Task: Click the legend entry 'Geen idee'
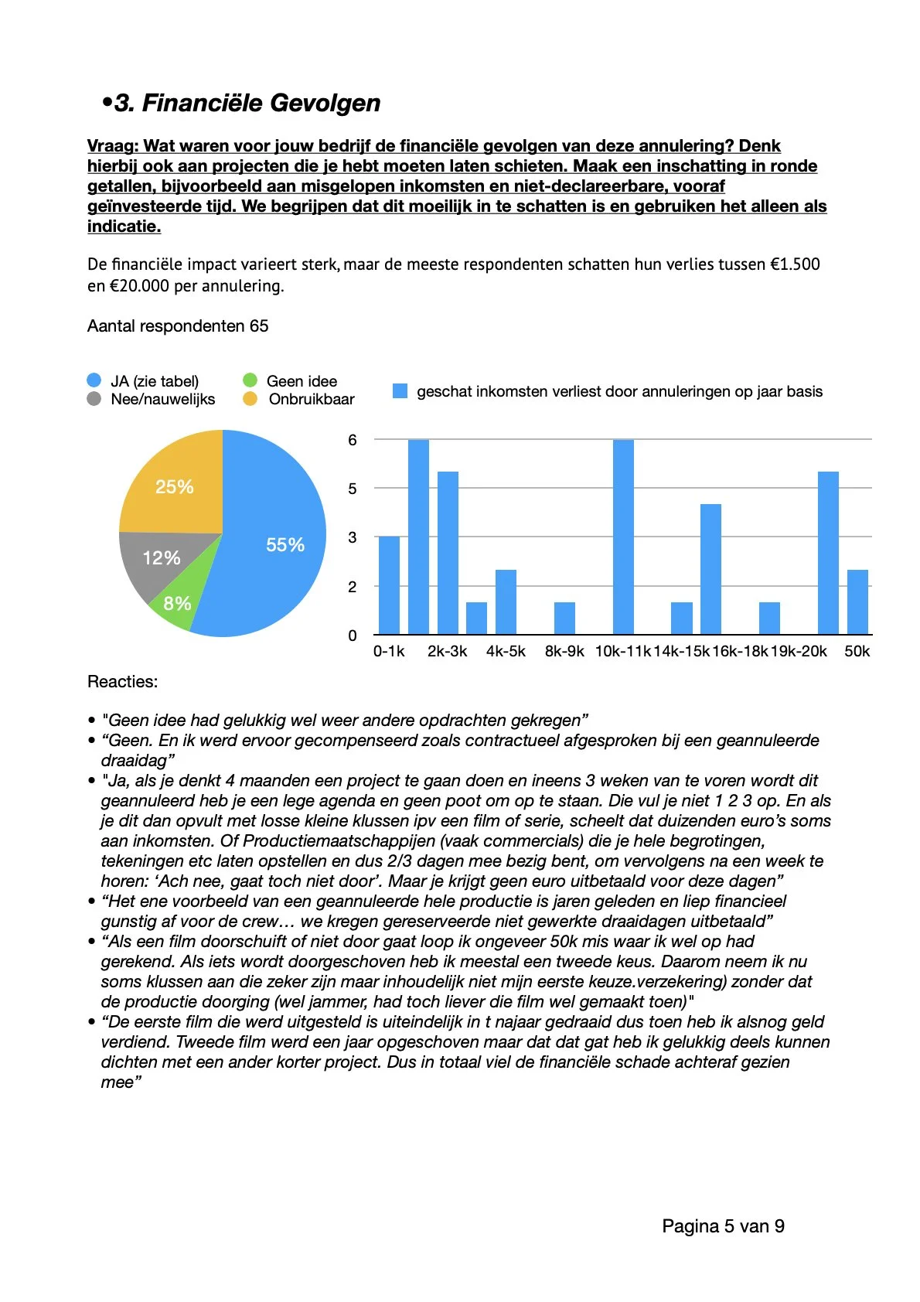pos(301,381)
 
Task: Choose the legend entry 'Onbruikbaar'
pos(311,399)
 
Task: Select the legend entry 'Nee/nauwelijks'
pos(162,399)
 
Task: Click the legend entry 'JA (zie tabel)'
pos(154,381)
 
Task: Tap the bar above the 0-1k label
pos(389,586)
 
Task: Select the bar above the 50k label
pos(857,602)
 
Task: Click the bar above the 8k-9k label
pos(564,619)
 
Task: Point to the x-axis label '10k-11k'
pos(623,651)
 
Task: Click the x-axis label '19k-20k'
pos(799,651)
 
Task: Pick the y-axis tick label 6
pos(353,440)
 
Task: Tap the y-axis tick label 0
pos(353,636)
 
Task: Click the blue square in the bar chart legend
pos(400,391)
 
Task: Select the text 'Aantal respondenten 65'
pos(178,326)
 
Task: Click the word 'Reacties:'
pos(122,682)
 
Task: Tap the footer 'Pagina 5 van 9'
pos(723,1226)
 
